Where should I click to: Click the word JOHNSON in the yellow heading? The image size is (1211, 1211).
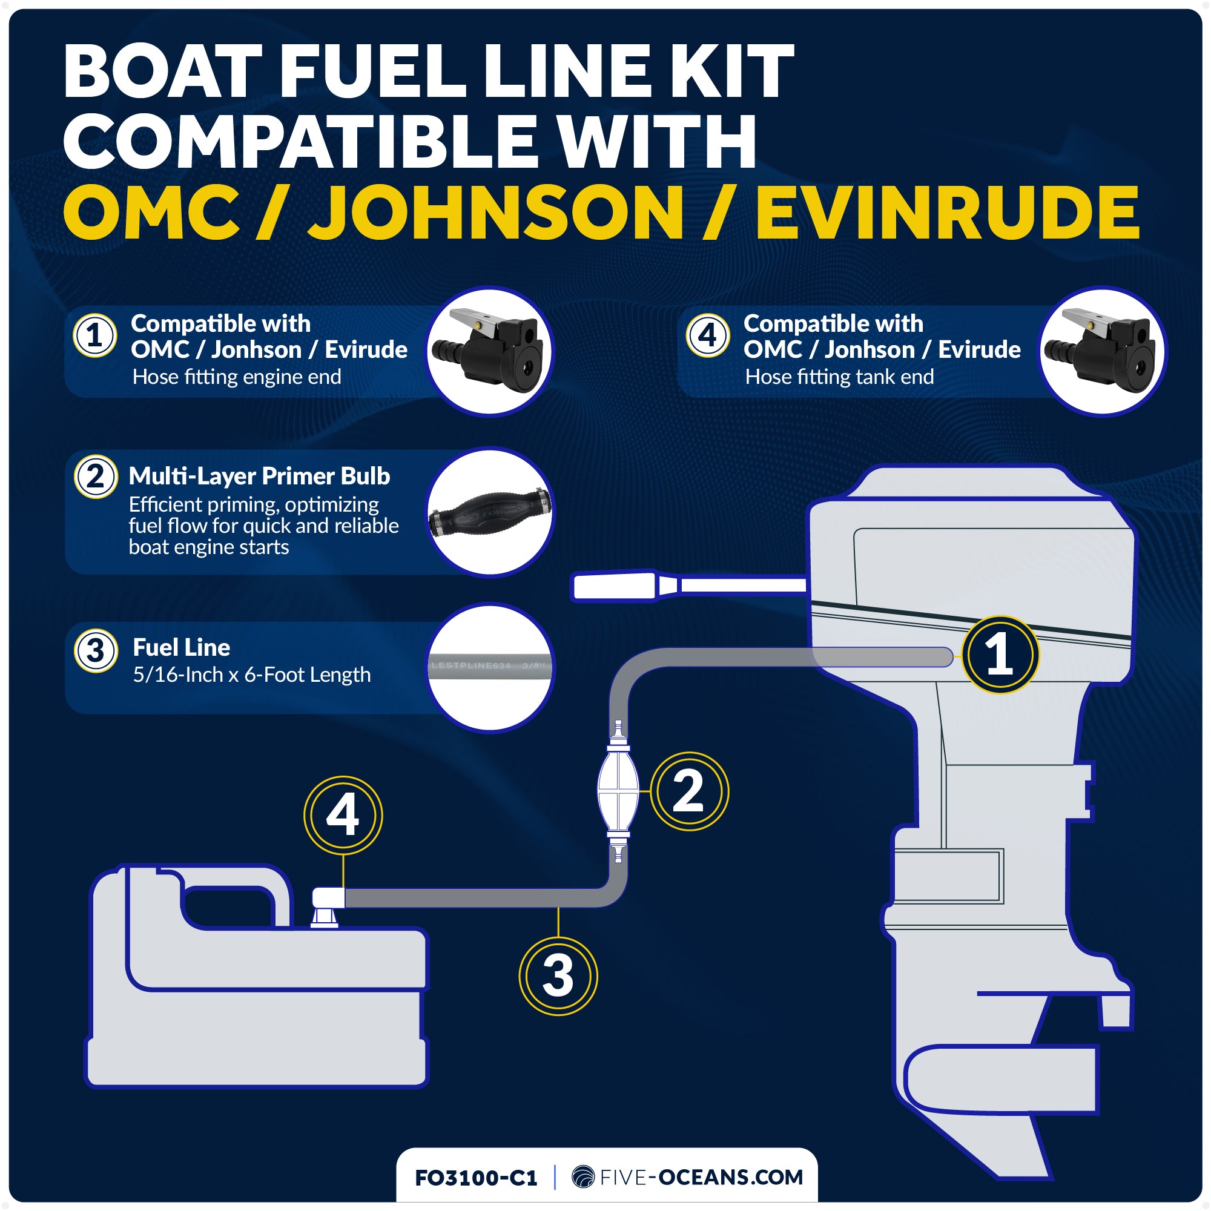(495, 213)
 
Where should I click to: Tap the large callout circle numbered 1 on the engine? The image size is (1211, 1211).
(1000, 655)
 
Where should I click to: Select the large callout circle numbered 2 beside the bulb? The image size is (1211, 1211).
(689, 791)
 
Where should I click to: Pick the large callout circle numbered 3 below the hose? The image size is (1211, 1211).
(558, 976)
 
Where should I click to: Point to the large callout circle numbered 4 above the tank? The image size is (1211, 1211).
(343, 815)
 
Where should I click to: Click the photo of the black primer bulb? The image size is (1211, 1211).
(490, 512)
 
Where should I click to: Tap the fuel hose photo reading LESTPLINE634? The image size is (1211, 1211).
(490, 667)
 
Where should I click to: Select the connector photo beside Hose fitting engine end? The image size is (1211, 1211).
(490, 351)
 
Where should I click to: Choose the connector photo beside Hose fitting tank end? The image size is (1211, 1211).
(1103, 351)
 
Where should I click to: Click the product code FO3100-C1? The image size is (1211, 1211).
(476, 1178)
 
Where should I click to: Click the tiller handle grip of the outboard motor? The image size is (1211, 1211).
(614, 587)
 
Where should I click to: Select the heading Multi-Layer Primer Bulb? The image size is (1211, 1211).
(259, 476)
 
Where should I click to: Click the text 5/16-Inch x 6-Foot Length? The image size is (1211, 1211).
(251, 675)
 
